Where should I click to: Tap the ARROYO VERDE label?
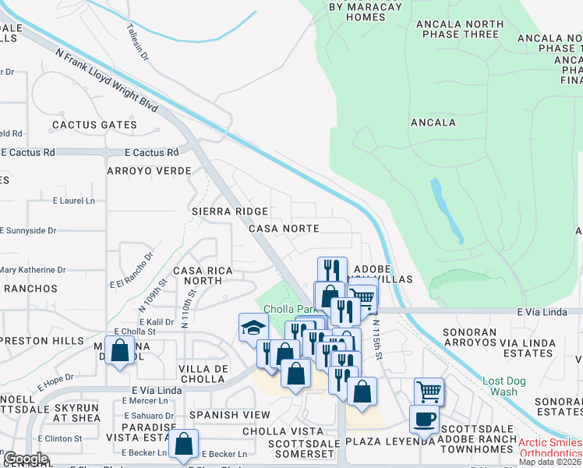[x=149, y=171]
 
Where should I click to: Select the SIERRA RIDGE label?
[x=230, y=211]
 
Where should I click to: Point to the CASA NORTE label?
[x=284, y=229]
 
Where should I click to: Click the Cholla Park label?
[x=284, y=310]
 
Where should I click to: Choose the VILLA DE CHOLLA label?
[x=203, y=374]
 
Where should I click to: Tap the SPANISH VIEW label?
[x=229, y=415]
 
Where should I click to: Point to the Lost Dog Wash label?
[x=500, y=386]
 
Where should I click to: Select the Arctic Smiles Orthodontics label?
[x=549, y=448]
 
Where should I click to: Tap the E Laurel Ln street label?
[x=73, y=200]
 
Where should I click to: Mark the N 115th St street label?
[x=377, y=339]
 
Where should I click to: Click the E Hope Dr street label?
[x=58, y=378]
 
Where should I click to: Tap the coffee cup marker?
[x=425, y=419]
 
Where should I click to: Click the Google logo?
[x=26, y=459]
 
